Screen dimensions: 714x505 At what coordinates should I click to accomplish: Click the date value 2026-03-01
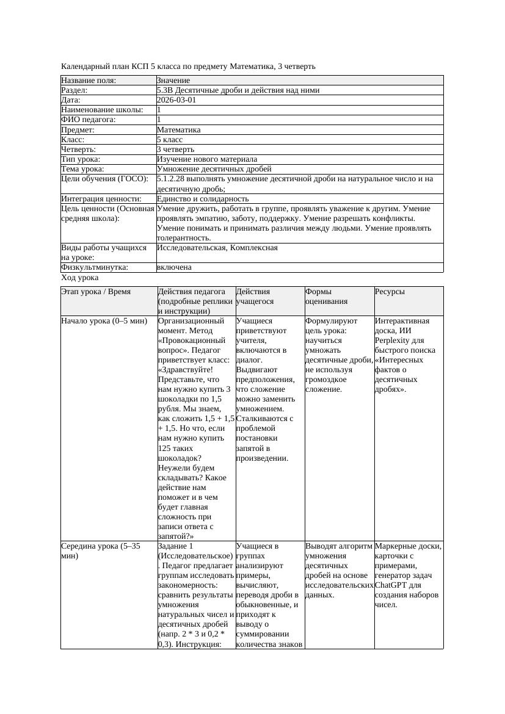[176, 100]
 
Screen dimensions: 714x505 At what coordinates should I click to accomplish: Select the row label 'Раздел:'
[77, 90]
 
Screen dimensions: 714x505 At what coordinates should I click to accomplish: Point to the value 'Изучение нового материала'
[207, 159]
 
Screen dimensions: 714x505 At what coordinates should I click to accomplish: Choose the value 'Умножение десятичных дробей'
[214, 169]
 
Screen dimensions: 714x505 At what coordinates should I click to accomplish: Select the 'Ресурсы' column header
[391, 292]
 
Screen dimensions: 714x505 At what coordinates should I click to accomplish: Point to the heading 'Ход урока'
[79, 278]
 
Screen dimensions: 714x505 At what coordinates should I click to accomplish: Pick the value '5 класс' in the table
[170, 140]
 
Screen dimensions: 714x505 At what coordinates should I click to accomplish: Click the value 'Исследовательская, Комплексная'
[217, 248]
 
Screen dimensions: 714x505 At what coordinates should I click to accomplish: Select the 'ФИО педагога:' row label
[89, 120]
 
